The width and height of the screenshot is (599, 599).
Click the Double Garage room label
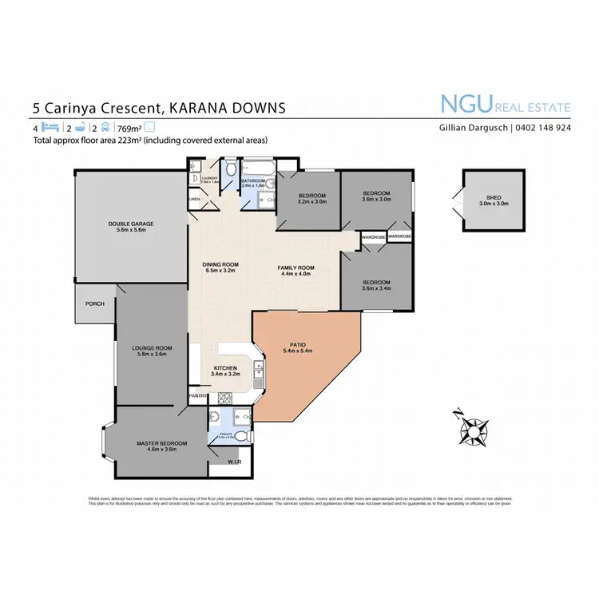[130, 224]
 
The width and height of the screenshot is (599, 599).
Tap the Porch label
[95, 303]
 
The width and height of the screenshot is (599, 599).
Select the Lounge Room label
[152, 348]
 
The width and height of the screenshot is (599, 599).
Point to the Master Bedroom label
[161, 443]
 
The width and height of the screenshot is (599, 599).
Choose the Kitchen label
[226, 367]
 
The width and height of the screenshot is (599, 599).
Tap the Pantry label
[197, 395]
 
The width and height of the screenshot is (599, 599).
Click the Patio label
[297, 345]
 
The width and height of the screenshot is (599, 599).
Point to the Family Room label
[296, 268]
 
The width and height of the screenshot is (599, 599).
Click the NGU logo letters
[470, 105]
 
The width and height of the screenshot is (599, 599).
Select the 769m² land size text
[128, 128]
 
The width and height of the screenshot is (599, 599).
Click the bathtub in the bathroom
[259, 169]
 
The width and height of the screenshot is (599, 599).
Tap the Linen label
[194, 198]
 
